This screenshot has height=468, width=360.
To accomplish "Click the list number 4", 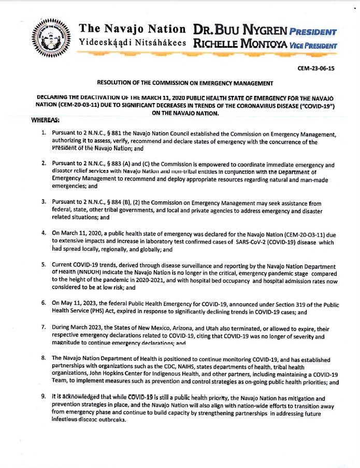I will [x=44, y=234].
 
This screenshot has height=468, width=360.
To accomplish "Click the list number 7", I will [x=44, y=329].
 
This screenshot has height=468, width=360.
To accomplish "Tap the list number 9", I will [x=44, y=398].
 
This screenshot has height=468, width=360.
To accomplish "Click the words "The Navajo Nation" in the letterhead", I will [x=133, y=29].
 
